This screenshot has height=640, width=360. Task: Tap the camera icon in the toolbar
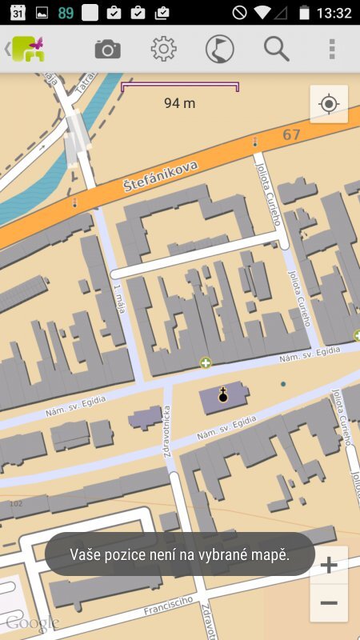pos(107,50)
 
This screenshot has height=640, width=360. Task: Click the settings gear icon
pos(163,50)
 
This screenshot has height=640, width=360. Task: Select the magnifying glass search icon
pos(276,50)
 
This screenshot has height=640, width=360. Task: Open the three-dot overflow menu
pos(332,50)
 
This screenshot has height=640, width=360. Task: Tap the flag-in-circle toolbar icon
pos(219,50)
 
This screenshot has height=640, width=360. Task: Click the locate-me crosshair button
pos(328,104)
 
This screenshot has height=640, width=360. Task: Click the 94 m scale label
pos(179,102)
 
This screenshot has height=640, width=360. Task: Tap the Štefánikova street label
pos(161,174)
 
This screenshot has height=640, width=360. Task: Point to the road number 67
pos(291,134)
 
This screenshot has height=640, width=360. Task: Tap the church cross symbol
pos(222,394)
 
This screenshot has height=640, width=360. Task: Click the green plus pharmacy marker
pos(206,363)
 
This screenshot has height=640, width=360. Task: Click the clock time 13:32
pos(334,13)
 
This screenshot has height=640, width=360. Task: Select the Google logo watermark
pos(32,622)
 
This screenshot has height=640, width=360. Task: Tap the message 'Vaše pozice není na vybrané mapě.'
pos(179,554)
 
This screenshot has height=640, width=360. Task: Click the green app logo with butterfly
pos(28,50)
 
